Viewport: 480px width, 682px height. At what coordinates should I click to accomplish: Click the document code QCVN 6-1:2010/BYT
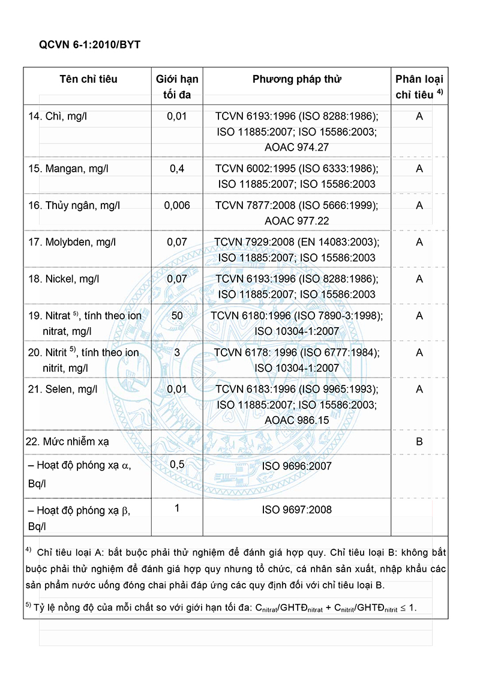tap(89, 45)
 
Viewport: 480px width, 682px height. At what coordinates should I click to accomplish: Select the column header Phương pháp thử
tap(297, 79)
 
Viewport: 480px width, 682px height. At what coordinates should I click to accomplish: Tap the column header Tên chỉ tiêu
tap(88, 79)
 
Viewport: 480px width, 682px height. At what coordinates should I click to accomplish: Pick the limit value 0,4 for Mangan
tap(177, 169)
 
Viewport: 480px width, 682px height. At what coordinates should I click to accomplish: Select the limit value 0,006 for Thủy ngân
tap(177, 205)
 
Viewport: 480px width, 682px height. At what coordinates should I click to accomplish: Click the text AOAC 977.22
tap(297, 221)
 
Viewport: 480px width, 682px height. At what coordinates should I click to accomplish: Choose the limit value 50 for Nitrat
tap(177, 315)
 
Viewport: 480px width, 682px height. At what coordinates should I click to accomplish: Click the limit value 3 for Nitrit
tap(177, 352)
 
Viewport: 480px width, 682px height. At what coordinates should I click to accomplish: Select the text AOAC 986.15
tap(297, 420)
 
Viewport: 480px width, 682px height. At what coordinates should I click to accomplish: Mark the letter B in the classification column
tap(419, 442)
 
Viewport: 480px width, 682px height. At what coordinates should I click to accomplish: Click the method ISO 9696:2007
tap(297, 466)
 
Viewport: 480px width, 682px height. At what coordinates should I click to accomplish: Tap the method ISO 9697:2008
tap(297, 510)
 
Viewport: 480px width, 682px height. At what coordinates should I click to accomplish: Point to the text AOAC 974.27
tap(297, 147)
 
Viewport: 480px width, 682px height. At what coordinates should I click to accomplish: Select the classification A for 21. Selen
tap(419, 389)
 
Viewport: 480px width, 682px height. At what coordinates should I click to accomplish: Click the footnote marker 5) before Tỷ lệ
tap(29, 606)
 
